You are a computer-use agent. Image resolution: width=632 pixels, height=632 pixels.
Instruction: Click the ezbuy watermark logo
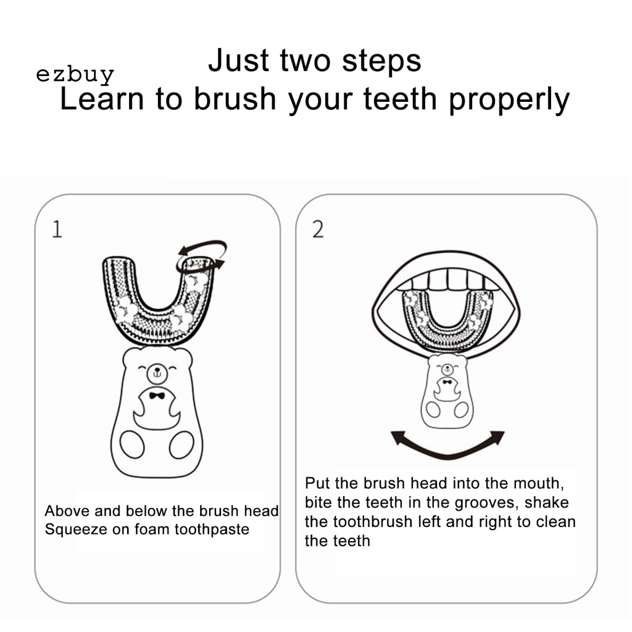click(x=75, y=75)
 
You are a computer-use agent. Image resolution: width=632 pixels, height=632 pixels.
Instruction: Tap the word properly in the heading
click(x=509, y=100)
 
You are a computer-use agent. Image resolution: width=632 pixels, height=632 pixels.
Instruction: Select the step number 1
click(x=57, y=229)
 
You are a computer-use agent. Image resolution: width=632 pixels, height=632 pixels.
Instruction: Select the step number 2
click(x=318, y=230)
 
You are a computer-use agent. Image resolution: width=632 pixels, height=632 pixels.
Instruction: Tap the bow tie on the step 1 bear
click(x=157, y=396)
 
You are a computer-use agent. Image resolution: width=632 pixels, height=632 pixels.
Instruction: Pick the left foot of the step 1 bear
click(x=132, y=444)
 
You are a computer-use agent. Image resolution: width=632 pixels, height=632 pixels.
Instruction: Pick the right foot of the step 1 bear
click(x=182, y=444)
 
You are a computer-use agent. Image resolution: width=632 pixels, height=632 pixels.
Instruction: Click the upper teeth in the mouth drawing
click(x=448, y=280)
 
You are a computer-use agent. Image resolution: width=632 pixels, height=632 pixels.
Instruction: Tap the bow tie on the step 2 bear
click(x=447, y=381)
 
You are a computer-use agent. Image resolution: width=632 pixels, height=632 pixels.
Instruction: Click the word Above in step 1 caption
click(x=67, y=510)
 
